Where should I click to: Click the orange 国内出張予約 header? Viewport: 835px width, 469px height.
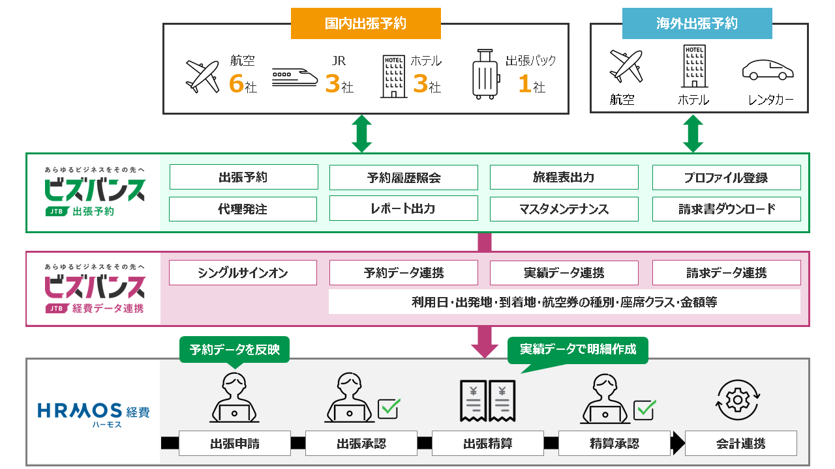pos(365,23)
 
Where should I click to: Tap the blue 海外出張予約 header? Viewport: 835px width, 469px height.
pos(697,24)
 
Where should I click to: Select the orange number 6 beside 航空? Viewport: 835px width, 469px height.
pos(236,83)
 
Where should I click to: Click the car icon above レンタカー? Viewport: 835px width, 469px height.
pos(767,69)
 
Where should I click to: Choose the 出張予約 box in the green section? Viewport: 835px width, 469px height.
pos(243,177)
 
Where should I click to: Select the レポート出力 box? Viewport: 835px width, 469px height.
pos(403,209)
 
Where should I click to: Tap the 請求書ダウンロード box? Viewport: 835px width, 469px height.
pos(726,209)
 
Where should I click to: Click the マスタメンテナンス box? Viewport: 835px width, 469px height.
pos(564,209)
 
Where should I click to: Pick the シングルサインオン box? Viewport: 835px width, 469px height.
pos(243,273)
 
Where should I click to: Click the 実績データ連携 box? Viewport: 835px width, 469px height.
pos(564,273)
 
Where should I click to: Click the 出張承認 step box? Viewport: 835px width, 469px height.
pos(361,444)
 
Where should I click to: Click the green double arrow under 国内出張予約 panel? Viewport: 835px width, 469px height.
pos(361,134)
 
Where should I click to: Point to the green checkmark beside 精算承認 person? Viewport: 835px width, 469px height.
pos(645,408)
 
